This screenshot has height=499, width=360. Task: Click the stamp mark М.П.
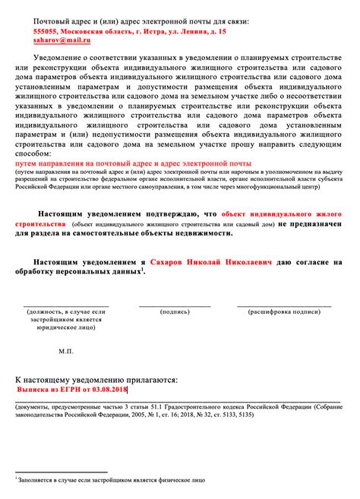(66, 352)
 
